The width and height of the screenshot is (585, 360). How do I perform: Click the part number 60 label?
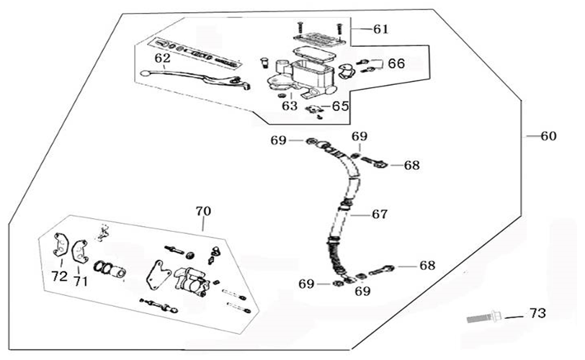[548, 136]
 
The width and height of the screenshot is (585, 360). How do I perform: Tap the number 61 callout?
[380, 29]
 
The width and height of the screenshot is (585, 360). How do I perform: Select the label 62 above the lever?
[162, 58]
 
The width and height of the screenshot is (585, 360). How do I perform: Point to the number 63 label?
[290, 106]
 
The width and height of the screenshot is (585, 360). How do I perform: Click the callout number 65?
[340, 107]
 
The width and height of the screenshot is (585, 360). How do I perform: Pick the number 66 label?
[396, 63]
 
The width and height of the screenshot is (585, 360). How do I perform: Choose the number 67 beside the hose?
[380, 215]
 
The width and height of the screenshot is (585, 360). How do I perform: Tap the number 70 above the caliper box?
[203, 211]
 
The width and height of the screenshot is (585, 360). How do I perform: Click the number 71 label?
[81, 282]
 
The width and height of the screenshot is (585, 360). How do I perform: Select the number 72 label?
[59, 276]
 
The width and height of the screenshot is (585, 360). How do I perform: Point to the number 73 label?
[537, 313]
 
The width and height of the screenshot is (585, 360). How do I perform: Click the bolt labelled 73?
[485, 318]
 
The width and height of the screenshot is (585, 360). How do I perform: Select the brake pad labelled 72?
[60, 245]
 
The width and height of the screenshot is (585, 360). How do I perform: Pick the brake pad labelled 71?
[79, 251]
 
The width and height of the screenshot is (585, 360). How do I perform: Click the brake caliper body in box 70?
[190, 282]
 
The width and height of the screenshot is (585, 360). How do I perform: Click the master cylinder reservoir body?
[311, 76]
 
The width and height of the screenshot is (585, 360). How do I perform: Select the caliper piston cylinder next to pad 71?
[117, 271]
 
